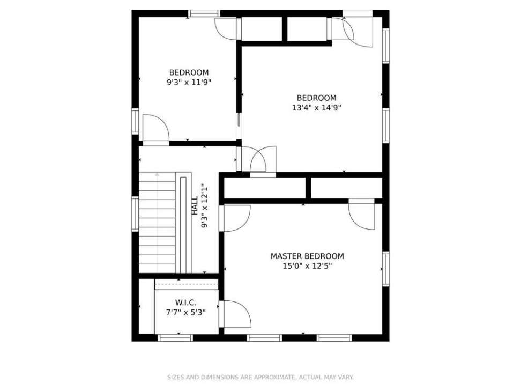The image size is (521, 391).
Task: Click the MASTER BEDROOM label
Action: pyautogui.click(x=307, y=256)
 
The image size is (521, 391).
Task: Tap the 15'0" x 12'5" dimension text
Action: pyautogui.click(x=307, y=266)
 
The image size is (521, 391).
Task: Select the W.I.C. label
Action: pyautogui.click(x=186, y=303)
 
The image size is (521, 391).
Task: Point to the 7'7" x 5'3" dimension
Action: pyautogui.click(x=186, y=313)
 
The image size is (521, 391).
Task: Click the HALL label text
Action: pyautogui.click(x=195, y=205)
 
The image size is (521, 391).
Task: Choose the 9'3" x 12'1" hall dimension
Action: pyautogui.click(x=204, y=206)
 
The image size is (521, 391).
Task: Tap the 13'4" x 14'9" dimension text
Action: pyautogui.click(x=317, y=108)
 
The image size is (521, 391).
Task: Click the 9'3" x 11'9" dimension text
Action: pyautogui.click(x=189, y=82)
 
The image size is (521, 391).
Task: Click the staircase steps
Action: pyautogui.click(x=157, y=223)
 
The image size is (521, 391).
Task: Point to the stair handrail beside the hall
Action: pyautogui.click(x=183, y=225)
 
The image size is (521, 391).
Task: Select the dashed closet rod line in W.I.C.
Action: pyautogui.click(x=187, y=285)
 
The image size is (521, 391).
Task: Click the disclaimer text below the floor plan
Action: pyautogui.click(x=260, y=377)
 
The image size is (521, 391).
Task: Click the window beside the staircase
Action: pyautogui.click(x=135, y=214)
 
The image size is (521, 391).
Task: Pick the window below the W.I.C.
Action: pyautogui.click(x=175, y=338)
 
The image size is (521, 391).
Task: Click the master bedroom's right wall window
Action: pyautogui.click(x=385, y=269)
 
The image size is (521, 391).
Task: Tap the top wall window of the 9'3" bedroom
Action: pyautogui.click(x=204, y=13)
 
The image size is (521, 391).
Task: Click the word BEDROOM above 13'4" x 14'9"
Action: pyautogui.click(x=317, y=98)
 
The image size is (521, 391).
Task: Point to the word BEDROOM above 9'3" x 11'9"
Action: pyautogui.click(x=189, y=72)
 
